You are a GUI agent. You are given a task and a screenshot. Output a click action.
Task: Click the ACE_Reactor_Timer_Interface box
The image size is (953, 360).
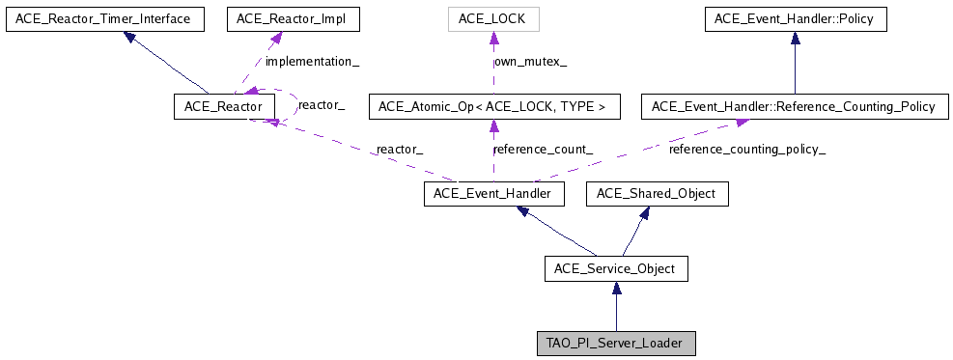[104, 18]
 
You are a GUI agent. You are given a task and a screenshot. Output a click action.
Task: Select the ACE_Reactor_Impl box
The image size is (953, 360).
[278, 18]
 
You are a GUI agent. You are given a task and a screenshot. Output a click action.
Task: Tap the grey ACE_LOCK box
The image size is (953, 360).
[493, 18]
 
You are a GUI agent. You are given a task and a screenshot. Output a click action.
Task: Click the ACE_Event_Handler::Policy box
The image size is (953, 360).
[795, 18]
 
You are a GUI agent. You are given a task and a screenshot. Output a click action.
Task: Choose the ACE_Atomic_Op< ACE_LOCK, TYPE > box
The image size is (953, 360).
[493, 106]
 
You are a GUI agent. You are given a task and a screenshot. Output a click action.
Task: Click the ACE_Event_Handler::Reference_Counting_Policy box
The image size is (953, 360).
[795, 106]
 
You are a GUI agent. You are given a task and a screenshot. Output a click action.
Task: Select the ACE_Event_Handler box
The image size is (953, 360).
[493, 194]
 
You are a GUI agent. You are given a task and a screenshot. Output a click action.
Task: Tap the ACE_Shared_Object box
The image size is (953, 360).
[657, 194]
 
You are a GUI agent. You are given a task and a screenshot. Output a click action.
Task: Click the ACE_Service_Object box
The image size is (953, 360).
[616, 268]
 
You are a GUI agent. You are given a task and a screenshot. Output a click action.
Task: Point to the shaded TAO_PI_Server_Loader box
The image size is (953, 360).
[616, 343]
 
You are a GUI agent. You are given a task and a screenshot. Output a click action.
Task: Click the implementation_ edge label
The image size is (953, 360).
[312, 62]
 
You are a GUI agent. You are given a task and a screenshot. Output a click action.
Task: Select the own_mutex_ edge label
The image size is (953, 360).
[530, 62]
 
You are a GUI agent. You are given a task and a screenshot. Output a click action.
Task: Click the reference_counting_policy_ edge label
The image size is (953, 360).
[747, 150]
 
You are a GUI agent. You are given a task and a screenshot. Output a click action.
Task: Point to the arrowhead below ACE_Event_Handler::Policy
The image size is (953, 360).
[795, 37]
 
